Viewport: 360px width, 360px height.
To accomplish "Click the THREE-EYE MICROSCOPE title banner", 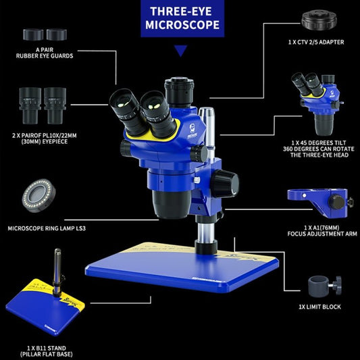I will coord(180,19).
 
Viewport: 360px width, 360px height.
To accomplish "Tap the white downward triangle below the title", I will coord(180,51).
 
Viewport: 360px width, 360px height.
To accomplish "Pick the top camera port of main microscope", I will coord(179,88).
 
